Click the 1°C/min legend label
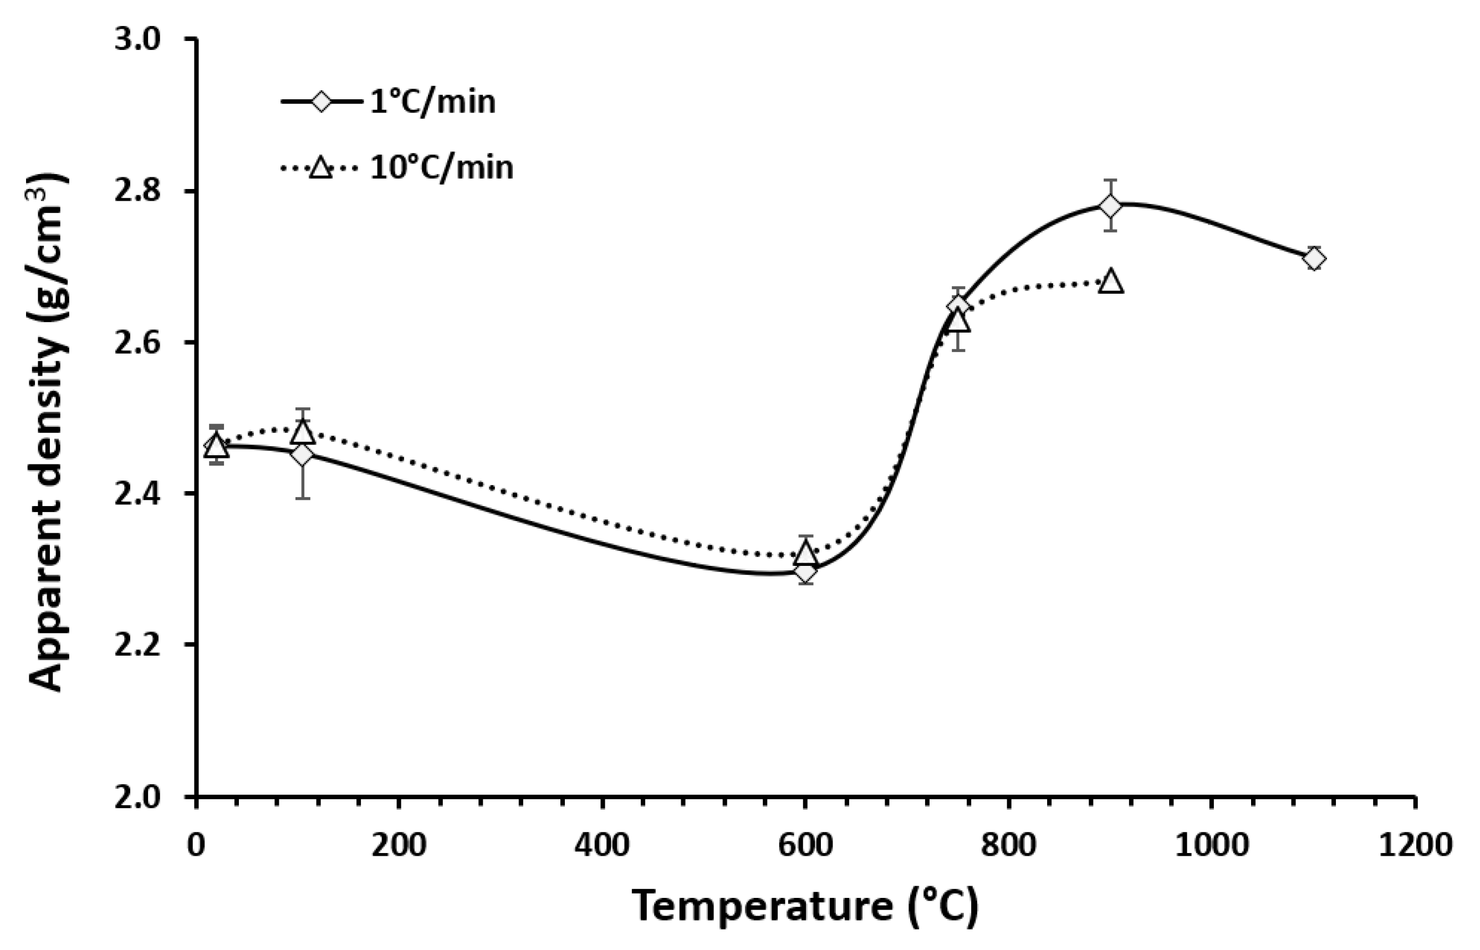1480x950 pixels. pos(432,102)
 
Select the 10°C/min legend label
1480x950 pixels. pos(442,167)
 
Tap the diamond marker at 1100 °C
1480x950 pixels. pos(1314,259)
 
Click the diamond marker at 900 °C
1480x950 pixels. pos(1110,206)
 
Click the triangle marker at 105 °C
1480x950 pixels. pos(302,432)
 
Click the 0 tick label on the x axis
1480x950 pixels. pos(196,845)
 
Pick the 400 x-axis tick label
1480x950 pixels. pos(602,845)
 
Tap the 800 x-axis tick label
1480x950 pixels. pos(1008,845)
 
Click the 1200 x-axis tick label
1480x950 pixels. pos(1414,845)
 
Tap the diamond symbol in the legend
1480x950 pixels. pos(321,102)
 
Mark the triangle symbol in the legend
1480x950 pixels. pos(321,167)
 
